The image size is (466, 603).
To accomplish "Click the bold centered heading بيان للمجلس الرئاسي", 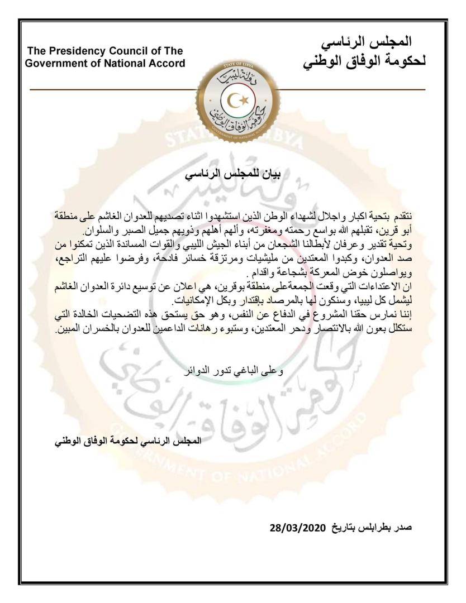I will click(233, 174).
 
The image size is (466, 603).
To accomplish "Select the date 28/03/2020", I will click(296, 528).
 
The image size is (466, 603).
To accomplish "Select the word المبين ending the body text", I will click(70, 329).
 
